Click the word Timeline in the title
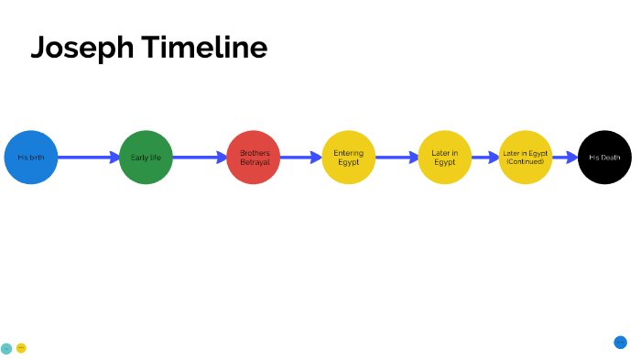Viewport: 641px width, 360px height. pos(204,48)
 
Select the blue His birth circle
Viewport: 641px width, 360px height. pos(30,158)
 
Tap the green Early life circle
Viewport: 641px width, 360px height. pos(146,158)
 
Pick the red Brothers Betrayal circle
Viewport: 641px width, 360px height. pos(254,158)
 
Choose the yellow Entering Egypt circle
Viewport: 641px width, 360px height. pos(349,158)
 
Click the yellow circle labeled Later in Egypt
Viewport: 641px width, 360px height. pos(444,158)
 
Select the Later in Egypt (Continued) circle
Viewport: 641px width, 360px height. pos(526,158)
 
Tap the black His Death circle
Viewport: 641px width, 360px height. pos(604,158)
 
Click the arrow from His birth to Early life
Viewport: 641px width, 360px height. pos(88,158)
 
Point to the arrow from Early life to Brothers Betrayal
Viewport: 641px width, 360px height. pos(200,158)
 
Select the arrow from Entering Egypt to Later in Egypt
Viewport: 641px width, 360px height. pos(397,158)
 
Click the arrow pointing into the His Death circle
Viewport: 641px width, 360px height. pos(565,158)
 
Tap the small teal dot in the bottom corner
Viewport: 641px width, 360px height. pos(6,348)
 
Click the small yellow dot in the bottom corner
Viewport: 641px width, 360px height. pos(21,348)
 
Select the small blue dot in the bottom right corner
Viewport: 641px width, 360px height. pos(620,343)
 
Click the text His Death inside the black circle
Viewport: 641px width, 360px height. pos(604,158)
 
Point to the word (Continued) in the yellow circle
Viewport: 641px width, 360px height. pos(526,162)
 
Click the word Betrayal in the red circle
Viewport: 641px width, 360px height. pos(254,162)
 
